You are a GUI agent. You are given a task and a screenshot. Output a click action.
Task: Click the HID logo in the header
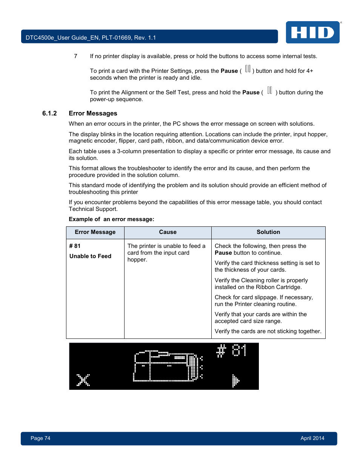(312, 32)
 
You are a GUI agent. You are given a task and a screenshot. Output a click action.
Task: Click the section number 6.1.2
(49, 113)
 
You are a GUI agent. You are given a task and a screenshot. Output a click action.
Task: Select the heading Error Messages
(93, 113)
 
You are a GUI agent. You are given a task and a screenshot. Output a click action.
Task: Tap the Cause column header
(168, 232)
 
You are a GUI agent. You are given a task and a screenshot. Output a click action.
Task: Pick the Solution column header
(268, 232)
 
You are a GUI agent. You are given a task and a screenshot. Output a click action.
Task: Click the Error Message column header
(95, 232)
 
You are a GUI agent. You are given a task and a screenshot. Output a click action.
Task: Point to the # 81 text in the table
(75, 246)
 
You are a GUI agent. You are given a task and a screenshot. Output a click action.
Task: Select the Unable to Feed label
(90, 256)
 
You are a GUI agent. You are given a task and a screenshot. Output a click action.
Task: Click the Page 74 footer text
(40, 438)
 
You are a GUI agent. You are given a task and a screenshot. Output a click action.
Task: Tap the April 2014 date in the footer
(312, 438)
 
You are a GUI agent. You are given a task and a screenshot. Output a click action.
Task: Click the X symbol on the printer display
(83, 380)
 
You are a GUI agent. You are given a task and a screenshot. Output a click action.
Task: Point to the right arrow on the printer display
(235, 381)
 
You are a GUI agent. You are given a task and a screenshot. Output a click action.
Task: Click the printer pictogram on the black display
(168, 366)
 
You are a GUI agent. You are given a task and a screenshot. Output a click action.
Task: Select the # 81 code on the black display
(231, 351)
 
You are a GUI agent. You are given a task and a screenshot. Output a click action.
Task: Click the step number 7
(75, 56)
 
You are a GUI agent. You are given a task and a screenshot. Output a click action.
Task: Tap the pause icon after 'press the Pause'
(248, 69)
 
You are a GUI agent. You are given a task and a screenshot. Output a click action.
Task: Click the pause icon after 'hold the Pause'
(269, 90)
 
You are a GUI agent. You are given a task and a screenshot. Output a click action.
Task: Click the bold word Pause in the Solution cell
(223, 253)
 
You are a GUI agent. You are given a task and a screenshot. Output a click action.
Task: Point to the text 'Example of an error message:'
(111, 219)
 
